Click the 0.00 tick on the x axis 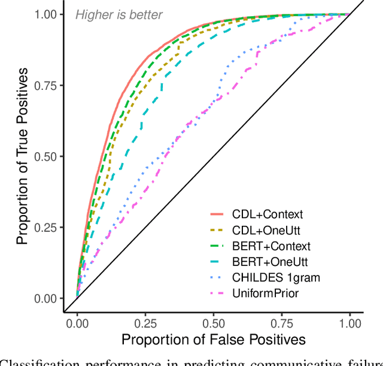[x=77, y=323]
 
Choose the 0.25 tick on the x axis [x=145, y=323]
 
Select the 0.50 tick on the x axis [x=213, y=323]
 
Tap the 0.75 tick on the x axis [x=281, y=323]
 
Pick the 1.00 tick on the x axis [x=349, y=323]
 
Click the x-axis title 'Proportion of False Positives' [x=213, y=340]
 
